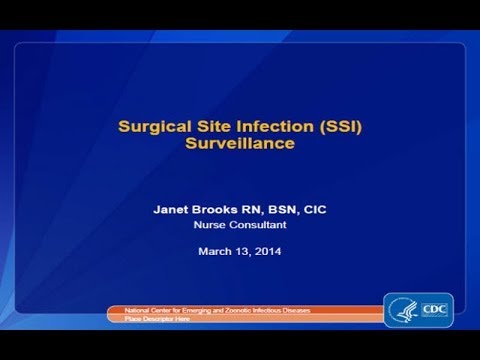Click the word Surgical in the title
tap(151, 128)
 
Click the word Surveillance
tap(240, 144)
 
